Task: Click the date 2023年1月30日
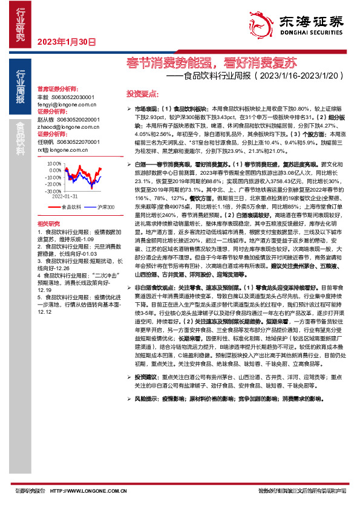coord(67,42)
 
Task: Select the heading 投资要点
coord(140,94)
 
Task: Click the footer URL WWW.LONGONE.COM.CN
coord(80,491)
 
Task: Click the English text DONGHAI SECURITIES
coord(309,34)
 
